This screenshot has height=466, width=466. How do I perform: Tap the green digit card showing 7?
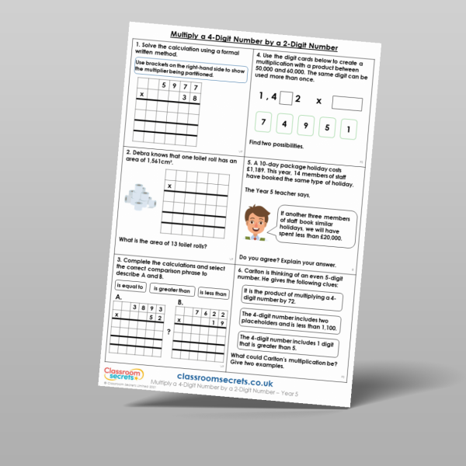[264, 125]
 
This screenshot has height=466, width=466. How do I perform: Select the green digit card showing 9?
[305, 127]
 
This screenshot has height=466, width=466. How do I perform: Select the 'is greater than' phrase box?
[170, 290]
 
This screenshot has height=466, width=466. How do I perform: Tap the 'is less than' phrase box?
[211, 293]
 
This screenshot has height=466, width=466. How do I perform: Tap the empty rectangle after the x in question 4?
[346, 103]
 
